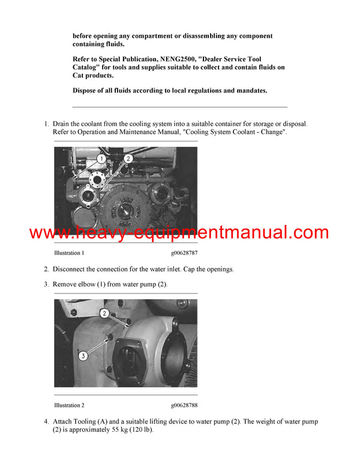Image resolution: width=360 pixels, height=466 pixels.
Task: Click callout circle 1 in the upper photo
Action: click(102, 159)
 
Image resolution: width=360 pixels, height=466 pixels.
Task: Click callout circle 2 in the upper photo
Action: click(127, 159)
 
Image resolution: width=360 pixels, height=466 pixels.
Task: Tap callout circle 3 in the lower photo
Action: click(83, 356)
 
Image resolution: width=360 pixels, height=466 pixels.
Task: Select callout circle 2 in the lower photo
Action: click(104, 313)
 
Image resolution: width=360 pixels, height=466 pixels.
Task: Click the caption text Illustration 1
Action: click(69, 253)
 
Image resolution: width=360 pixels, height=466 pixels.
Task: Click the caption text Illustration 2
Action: click(69, 405)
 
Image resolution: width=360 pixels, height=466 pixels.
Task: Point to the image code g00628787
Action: click(184, 253)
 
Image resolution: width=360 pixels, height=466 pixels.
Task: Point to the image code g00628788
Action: click(184, 405)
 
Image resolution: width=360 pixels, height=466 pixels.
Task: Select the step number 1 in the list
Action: click(46, 124)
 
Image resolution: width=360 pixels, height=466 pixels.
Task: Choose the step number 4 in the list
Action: click(46, 422)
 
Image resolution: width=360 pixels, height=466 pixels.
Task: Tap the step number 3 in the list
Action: click(46, 283)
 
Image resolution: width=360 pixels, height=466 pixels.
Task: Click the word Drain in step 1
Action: click(62, 124)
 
